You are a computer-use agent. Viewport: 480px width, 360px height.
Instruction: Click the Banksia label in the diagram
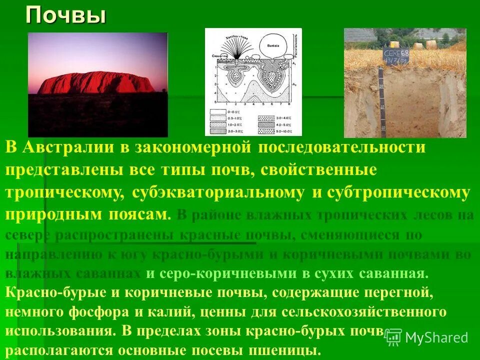[x=272, y=44]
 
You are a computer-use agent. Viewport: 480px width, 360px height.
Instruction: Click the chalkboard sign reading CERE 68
[x=396, y=56]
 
